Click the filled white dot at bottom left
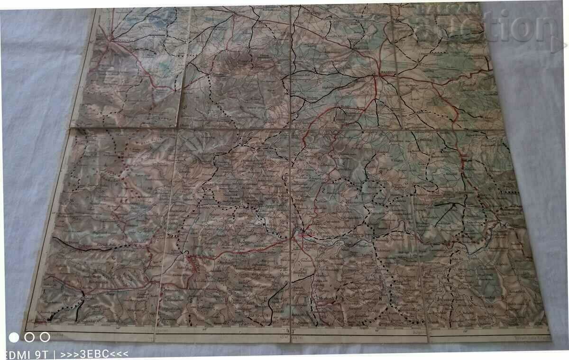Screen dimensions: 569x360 (14, 337)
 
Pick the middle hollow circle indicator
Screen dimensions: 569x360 (29, 337)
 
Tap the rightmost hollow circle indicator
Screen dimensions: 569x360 (45, 337)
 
